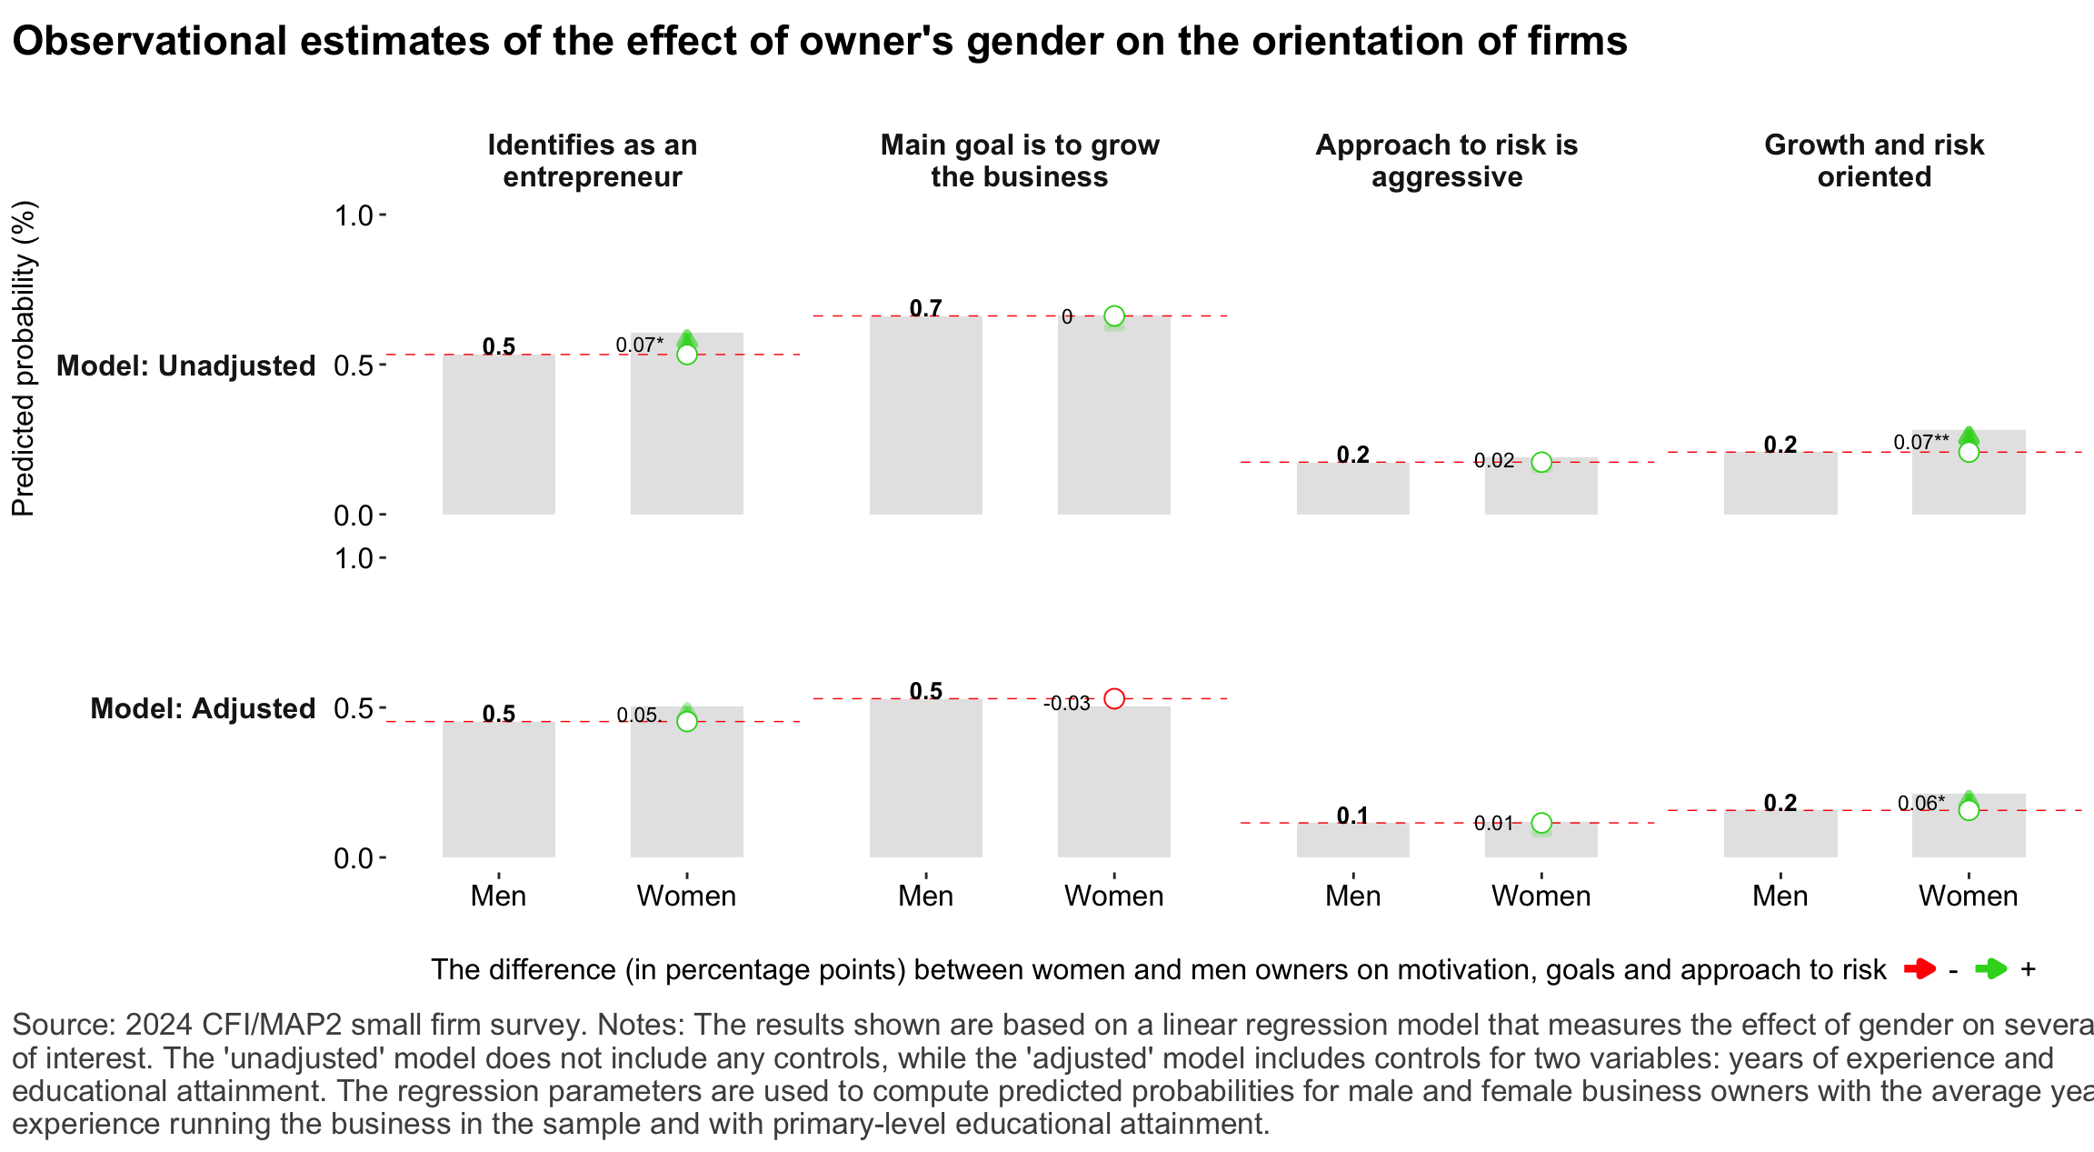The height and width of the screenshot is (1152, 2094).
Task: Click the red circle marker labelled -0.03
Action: click(1114, 698)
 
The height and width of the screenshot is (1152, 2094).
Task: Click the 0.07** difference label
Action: click(1920, 443)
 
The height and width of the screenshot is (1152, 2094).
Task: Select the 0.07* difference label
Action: click(639, 346)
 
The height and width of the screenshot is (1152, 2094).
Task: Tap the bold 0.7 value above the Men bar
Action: click(925, 308)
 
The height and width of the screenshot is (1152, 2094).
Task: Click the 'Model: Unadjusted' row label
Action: click(185, 366)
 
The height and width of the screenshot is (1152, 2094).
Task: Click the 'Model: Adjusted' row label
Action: click(203, 708)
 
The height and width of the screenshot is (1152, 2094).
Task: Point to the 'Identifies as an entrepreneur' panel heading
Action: click(593, 160)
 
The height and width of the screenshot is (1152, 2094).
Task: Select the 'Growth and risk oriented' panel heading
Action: click(1874, 160)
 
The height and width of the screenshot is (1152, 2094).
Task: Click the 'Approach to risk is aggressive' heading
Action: click(1447, 160)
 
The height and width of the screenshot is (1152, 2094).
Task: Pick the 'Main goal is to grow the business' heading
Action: click(1020, 160)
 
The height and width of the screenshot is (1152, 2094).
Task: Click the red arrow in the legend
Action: click(1919, 969)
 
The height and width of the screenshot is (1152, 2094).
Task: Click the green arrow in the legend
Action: click(1990, 969)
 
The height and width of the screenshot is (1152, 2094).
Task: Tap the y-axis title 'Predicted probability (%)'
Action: click(24, 358)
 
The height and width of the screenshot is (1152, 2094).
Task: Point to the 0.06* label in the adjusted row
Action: click(1920, 804)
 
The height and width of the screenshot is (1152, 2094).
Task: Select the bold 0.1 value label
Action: click(1352, 816)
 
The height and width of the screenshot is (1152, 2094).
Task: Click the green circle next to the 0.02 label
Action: click(1541, 462)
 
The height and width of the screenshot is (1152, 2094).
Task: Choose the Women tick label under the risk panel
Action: click(1541, 896)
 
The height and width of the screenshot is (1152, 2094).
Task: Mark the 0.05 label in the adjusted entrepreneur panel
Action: click(636, 716)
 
